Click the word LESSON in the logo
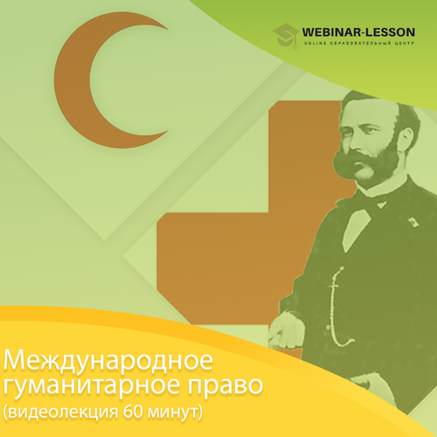click(x=390, y=32)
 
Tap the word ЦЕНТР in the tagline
click(x=405, y=44)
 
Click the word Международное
click(x=108, y=361)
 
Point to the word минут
click(x=172, y=413)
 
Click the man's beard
click(x=370, y=163)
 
